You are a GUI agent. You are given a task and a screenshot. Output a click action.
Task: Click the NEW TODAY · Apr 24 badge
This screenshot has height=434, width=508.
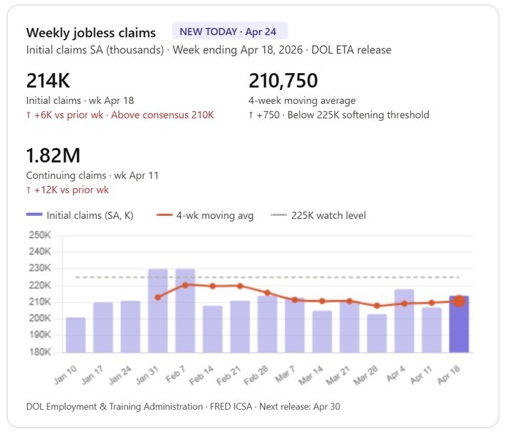(229, 31)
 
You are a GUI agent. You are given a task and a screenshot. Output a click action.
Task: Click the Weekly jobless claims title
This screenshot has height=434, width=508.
(91, 33)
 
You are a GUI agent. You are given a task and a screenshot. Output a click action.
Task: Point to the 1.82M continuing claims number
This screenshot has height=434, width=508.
(53, 156)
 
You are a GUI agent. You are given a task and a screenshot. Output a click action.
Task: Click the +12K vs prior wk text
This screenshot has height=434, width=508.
(67, 190)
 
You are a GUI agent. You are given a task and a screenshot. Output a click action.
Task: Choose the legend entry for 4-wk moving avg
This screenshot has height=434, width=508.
(206, 215)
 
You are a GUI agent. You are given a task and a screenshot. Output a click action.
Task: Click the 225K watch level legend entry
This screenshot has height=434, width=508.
(318, 215)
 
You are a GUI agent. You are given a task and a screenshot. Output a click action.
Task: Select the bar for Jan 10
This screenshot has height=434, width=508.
(75, 334)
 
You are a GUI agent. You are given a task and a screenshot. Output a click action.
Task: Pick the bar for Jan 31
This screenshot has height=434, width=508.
(157, 310)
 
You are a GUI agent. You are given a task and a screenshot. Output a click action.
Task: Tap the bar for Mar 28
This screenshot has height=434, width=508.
(377, 333)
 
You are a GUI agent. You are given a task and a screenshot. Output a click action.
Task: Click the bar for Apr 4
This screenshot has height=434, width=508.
(404, 321)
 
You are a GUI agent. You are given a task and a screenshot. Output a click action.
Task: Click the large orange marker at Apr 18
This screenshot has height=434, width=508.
(459, 301)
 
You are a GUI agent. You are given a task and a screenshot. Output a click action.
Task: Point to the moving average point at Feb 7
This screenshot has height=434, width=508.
(185, 285)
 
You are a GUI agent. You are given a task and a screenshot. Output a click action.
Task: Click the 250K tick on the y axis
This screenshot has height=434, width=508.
(40, 235)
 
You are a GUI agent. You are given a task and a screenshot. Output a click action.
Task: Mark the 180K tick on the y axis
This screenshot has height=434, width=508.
(40, 352)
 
